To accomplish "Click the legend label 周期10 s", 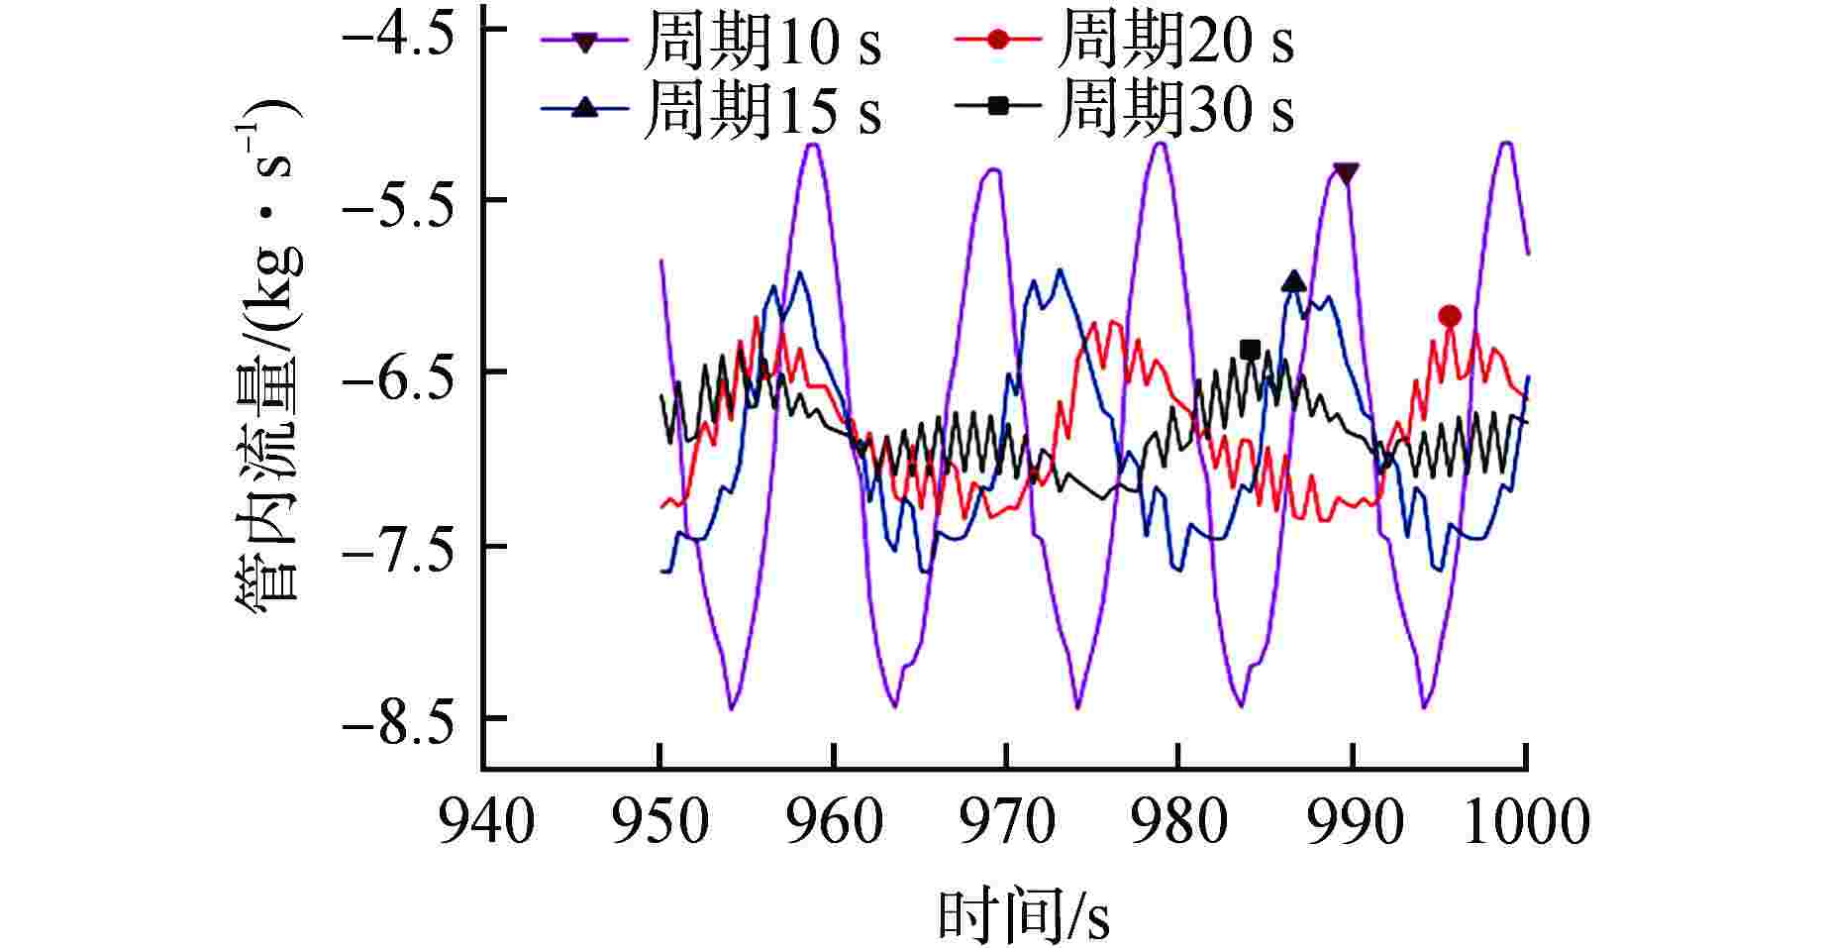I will point(761,43).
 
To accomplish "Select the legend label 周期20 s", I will point(1174,41).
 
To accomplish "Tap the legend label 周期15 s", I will point(761,109).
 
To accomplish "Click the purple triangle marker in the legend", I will point(585,42).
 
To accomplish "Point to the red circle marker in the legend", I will point(998,40).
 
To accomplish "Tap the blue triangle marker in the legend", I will point(585,107).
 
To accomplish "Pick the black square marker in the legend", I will point(998,106).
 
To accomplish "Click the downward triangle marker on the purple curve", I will point(1345,173).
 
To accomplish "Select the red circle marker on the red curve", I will point(1450,316).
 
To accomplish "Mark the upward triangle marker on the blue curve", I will point(1293,282).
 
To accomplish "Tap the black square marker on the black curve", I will point(1250,349).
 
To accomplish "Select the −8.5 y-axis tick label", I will point(397,720).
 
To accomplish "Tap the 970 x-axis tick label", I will point(1006,822).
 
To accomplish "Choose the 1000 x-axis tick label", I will point(1525,822).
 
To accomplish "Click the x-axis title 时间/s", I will point(1023,916).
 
